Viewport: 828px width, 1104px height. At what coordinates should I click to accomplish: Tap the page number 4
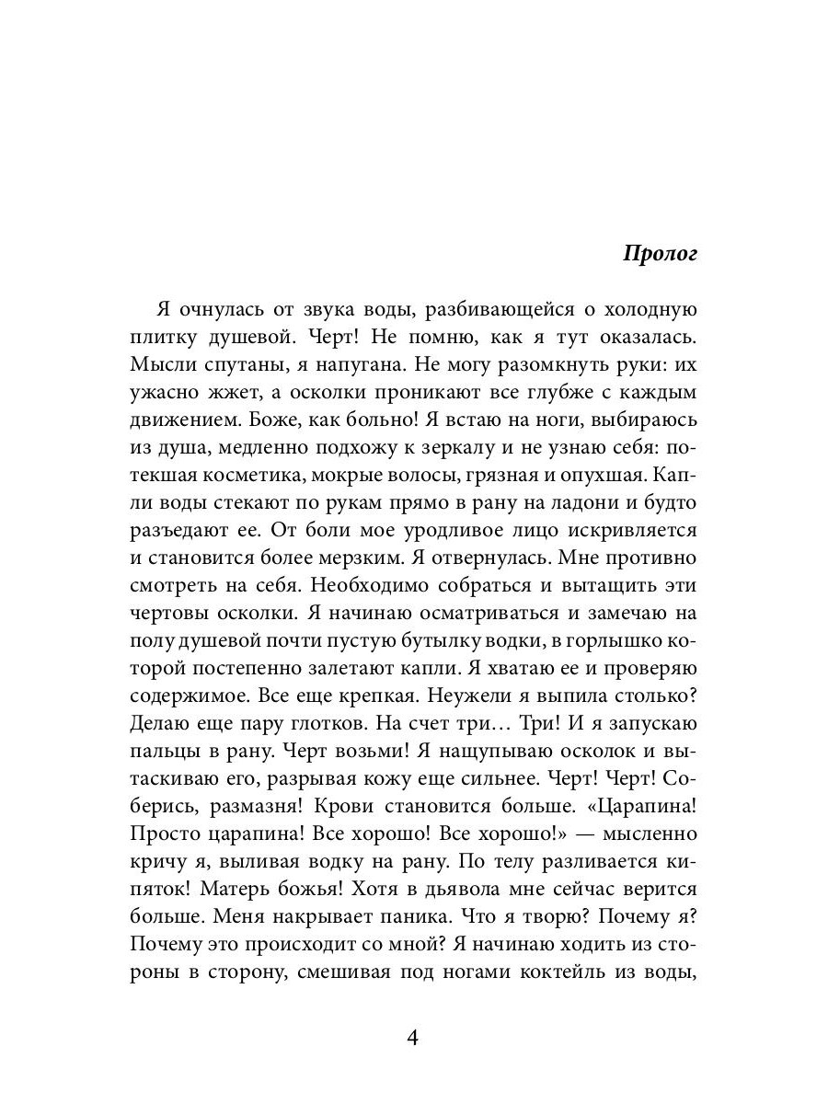(412, 1039)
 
